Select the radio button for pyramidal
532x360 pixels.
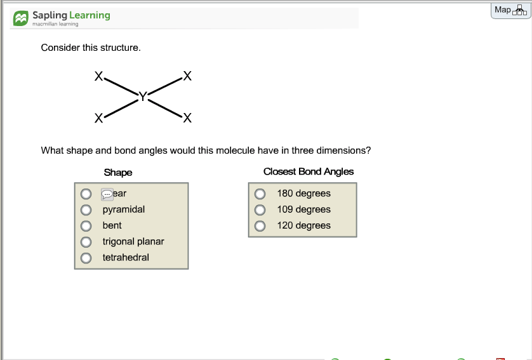point(85,210)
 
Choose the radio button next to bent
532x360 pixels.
point(85,225)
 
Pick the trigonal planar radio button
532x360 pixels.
point(85,242)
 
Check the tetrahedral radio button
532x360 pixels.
point(85,258)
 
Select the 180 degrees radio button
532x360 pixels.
point(259,194)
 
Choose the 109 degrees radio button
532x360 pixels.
point(259,210)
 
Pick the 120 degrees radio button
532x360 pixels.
point(259,225)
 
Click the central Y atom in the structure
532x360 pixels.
point(143,97)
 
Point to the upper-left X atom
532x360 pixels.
point(98,76)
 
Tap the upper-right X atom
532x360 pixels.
point(186,76)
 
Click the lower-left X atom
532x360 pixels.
point(98,118)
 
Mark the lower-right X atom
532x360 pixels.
point(186,118)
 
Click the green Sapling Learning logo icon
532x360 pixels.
point(21,18)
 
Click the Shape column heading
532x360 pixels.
point(118,172)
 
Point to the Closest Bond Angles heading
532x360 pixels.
point(309,171)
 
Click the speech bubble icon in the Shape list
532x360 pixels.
point(107,194)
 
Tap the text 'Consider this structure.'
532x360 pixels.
point(91,48)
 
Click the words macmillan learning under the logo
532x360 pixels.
point(55,24)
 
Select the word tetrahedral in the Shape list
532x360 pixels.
point(126,257)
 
